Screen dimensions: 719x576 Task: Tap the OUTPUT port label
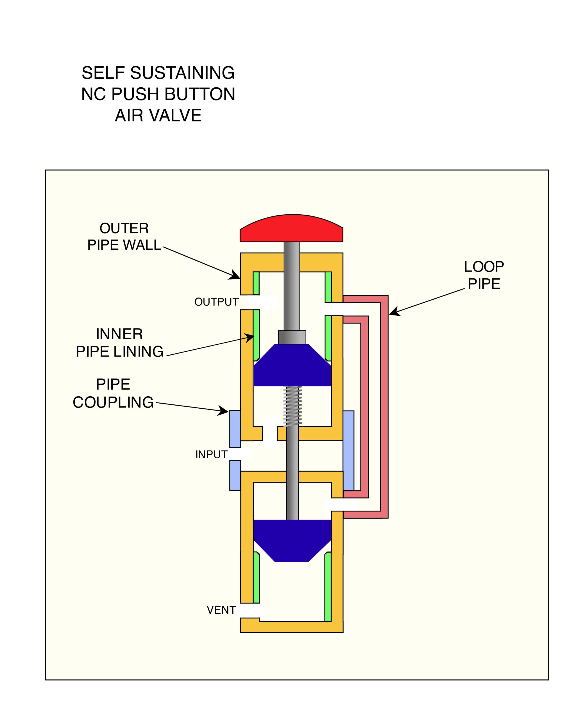216,302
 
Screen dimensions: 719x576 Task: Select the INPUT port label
211,454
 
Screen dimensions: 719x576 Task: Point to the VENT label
221,610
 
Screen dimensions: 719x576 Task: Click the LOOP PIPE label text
484,275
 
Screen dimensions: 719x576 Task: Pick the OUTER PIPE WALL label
124,236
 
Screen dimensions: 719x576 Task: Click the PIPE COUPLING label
113,393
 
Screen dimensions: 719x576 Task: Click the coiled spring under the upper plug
292,406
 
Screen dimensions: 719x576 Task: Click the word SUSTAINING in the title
182,73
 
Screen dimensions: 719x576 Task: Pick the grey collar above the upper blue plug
292,337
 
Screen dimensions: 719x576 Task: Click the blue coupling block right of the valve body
348,450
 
